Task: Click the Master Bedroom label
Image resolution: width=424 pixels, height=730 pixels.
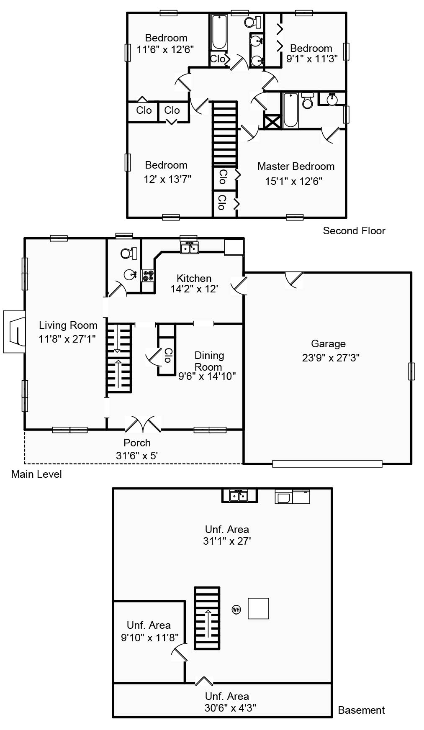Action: [x=296, y=166]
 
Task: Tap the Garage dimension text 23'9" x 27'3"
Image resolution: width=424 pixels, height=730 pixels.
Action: [x=331, y=358]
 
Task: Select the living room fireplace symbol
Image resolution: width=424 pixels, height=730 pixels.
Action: [x=15, y=331]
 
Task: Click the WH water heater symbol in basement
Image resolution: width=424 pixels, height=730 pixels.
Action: [x=236, y=610]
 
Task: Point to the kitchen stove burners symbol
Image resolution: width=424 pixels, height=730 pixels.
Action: [x=148, y=275]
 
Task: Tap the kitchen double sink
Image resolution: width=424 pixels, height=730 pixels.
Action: [x=189, y=248]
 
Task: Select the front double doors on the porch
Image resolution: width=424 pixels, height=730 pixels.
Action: [x=143, y=424]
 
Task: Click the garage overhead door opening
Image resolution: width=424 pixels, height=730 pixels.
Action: [x=327, y=464]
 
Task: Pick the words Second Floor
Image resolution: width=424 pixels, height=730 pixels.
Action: [x=354, y=231]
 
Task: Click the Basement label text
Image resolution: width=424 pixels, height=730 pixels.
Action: [x=361, y=710]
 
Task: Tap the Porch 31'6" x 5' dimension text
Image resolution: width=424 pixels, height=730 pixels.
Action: [x=137, y=456]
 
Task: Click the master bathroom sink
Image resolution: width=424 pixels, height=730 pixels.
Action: [x=332, y=100]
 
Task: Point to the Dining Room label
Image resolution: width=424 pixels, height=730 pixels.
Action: [x=209, y=361]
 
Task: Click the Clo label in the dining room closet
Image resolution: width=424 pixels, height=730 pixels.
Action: [x=167, y=355]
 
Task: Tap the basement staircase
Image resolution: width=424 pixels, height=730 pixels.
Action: [x=207, y=618]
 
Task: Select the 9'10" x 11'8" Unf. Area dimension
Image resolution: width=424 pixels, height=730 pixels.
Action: [x=149, y=638]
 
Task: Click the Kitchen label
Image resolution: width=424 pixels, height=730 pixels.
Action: [x=194, y=278]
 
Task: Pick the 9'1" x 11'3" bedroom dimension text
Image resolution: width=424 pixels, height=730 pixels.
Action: [x=312, y=59]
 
